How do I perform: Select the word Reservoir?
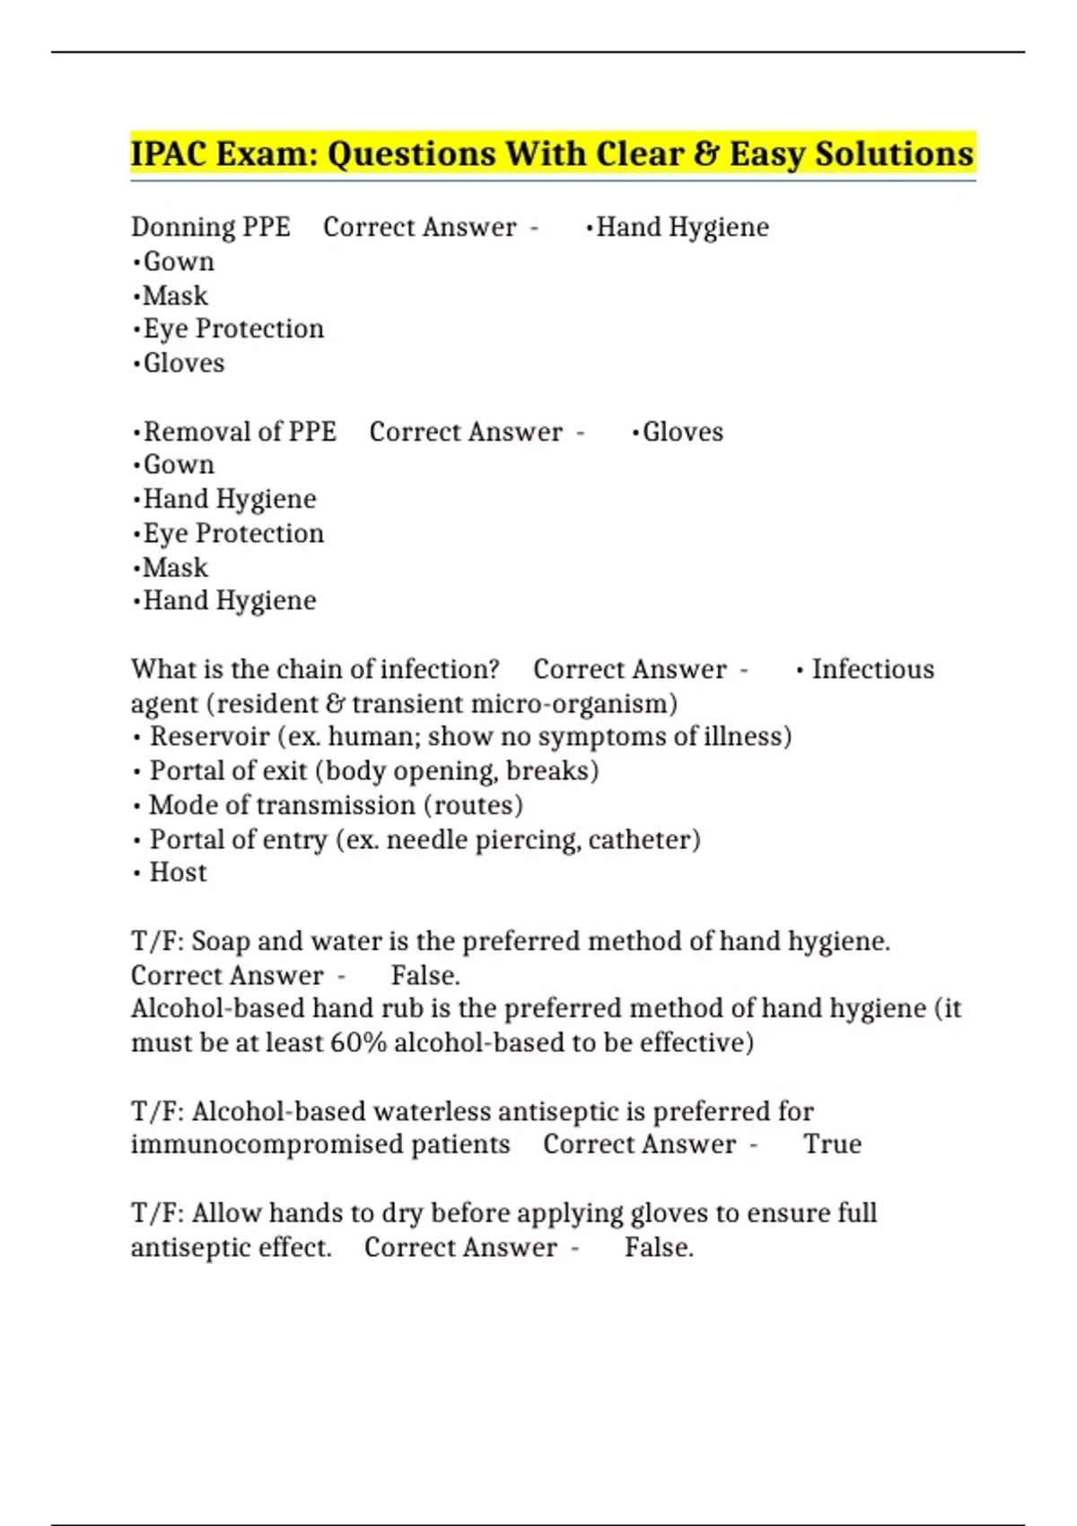click(x=209, y=737)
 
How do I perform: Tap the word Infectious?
click(x=872, y=670)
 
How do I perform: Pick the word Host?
click(x=178, y=873)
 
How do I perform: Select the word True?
click(x=832, y=1144)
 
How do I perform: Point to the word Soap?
click(x=222, y=942)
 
